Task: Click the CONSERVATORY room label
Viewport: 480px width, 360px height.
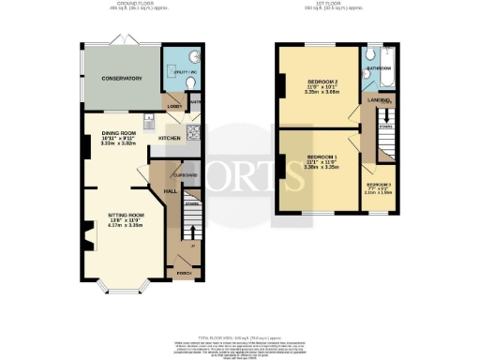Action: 122,79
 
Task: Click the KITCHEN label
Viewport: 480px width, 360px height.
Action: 170,138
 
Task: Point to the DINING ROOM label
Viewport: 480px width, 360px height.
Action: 119,134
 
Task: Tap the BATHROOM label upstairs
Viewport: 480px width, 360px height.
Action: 379,68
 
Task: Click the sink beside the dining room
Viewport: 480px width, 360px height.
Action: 147,120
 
